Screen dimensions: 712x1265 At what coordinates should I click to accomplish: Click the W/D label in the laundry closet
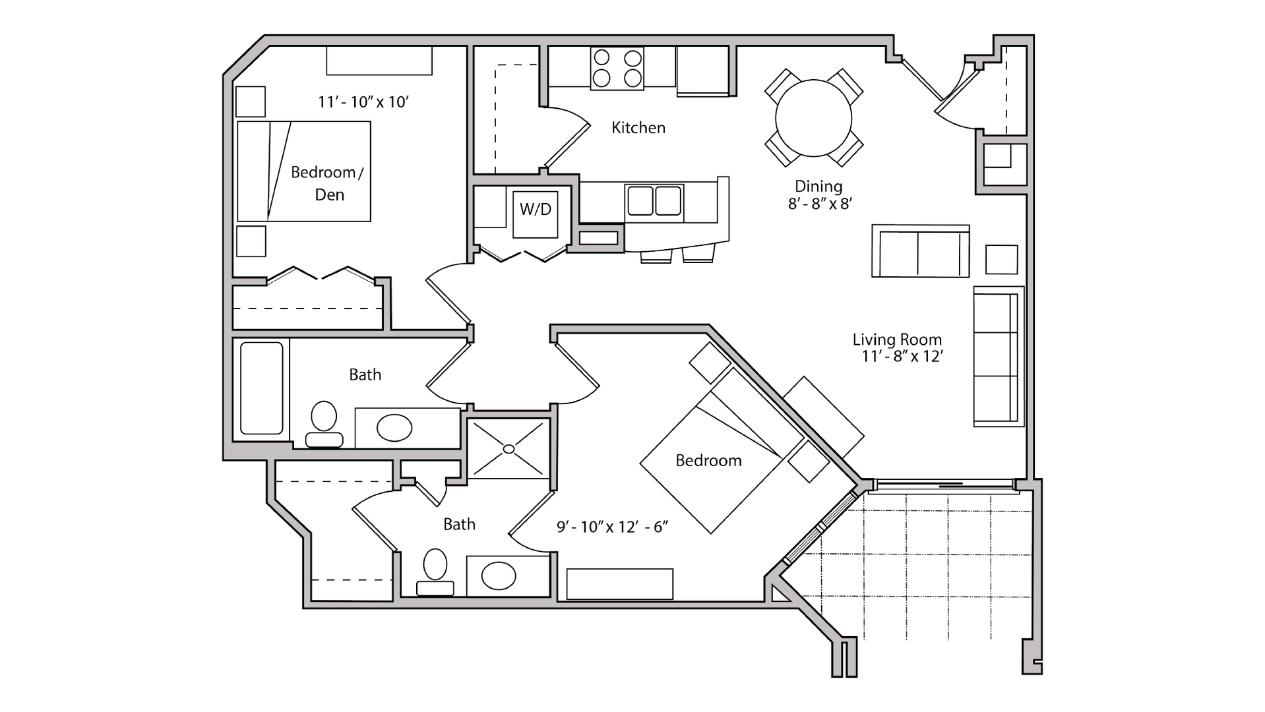pyautogui.click(x=535, y=210)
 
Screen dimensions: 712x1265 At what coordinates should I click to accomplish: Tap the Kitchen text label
pyautogui.click(x=638, y=128)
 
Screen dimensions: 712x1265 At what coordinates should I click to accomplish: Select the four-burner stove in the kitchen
pyautogui.click(x=617, y=69)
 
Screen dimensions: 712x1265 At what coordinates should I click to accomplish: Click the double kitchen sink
pyautogui.click(x=654, y=200)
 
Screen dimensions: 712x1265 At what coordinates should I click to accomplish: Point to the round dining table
pyautogui.click(x=813, y=119)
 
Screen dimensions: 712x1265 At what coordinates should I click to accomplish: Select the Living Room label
pyautogui.click(x=897, y=340)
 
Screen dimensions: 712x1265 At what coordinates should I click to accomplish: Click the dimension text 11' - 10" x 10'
pyautogui.click(x=363, y=102)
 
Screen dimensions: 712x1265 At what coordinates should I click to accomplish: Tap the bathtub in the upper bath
pyautogui.click(x=262, y=388)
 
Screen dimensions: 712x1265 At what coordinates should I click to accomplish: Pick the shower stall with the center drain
pyautogui.click(x=509, y=448)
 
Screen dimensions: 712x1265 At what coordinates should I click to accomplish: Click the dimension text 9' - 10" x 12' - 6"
pyautogui.click(x=613, y=527)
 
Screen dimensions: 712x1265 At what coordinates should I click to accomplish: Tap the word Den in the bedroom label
pyautogui.click(x=329, y=195)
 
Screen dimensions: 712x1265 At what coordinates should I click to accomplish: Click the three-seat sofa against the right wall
pyautogui.click(x=997, y=356)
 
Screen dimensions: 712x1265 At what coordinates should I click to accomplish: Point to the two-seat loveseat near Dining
pyautogui.click(x=920, y=251)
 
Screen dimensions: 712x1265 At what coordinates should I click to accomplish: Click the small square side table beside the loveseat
pyautogui.click(x=1001, y=259)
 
